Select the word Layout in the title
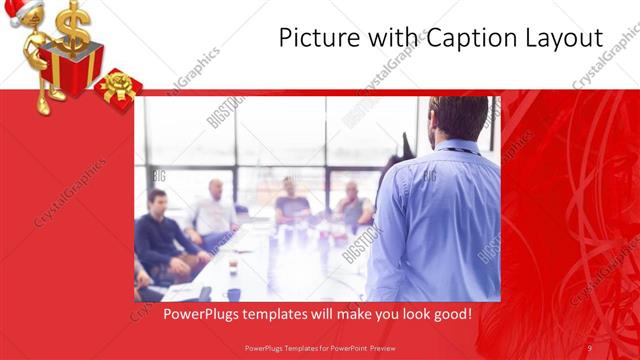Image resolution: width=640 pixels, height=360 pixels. coord(562,39)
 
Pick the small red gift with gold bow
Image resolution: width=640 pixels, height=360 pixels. coord(120,89)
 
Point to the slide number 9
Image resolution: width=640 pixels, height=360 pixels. coord(590,347)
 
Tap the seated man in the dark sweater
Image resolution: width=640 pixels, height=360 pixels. coord(160,235)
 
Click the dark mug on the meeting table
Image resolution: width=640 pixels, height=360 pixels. coord(232,293)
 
